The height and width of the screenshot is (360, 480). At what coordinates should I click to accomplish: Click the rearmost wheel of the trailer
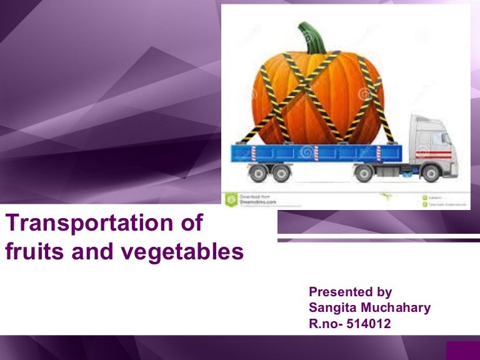pyautogui.click(x=256, y=172)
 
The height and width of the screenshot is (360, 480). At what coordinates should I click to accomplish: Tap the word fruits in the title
pyautogui.click(x=31, y=252)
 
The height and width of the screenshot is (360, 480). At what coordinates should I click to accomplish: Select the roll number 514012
pyautogui.click(x=373, y=324)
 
